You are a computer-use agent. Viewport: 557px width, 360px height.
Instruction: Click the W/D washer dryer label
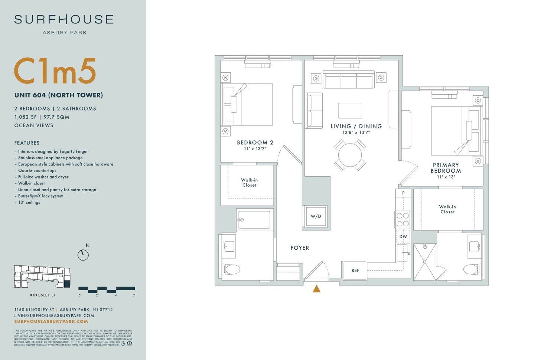tap(316, 216)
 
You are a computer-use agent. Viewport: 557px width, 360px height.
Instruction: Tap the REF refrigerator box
tap(355, 270)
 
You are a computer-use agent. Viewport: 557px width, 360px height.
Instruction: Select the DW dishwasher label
tap(403, 236)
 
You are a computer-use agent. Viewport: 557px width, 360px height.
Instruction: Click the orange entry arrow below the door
tap(316, 289)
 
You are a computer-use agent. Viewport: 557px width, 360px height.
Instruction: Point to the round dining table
tap(350, 155)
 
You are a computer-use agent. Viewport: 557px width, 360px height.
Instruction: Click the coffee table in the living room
tap(350, 111)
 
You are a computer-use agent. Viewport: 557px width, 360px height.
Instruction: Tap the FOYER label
tap(300, 248)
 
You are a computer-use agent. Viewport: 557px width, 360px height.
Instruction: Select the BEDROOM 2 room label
tap(255, 143)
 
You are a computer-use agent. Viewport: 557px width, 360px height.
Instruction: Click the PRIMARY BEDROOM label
tap(446, 168)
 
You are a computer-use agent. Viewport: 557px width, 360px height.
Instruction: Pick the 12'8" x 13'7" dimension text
tap(356, 132)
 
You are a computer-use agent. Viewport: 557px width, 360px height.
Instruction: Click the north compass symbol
tap(83, 255)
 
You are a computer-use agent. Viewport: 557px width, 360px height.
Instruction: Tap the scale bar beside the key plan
tap(107, 289)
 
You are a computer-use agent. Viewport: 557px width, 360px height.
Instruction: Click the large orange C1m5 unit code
tap(55, 71)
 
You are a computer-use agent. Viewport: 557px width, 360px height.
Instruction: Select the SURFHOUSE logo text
tap(64, 20)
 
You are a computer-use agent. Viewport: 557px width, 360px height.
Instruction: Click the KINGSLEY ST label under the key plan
tap(43, 295)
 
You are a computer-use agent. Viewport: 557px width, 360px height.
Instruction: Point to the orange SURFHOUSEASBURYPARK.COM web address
tap(51, 321)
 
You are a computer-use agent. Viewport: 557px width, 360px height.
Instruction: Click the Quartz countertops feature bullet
tap(37, 171)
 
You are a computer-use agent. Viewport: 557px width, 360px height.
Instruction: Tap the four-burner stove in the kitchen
tap(403, 219)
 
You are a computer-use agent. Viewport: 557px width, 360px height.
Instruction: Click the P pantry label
tap(403, 193)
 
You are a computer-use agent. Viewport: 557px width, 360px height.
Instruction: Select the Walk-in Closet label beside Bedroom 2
tap(249, 183)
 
